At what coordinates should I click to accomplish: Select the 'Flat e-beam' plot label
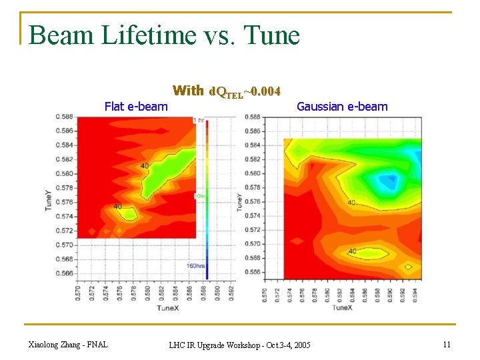coord(136,106)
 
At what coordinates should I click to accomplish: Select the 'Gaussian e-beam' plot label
coord(341,106)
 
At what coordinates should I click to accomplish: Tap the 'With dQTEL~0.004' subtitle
coord(226,91)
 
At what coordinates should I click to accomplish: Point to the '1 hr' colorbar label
coord(199,120)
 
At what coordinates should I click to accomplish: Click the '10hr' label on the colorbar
coord(199,196)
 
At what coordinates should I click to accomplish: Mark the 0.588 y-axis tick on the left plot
coord(65,117)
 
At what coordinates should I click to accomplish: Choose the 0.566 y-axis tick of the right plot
coord(253,273)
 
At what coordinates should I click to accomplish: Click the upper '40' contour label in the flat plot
coord(144,165)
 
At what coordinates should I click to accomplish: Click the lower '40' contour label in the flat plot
coord(117,207)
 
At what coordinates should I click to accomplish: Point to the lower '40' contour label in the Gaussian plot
coord(352,251)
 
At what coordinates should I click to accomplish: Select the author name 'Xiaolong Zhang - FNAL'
coord(68,345)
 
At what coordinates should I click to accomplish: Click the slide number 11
coord(446,345)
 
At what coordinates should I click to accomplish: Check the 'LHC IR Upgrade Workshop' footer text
coord(239,345)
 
